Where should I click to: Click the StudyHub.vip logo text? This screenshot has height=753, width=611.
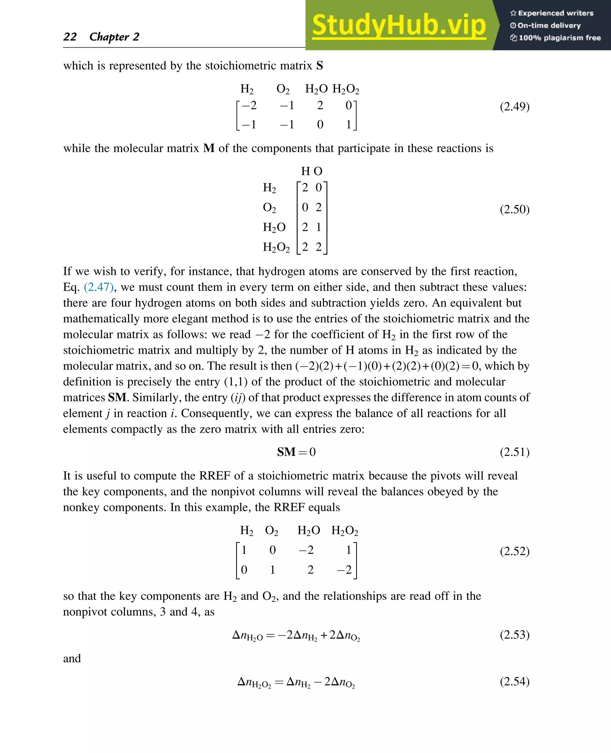point(399,25)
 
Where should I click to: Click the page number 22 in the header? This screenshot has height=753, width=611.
point(70,37)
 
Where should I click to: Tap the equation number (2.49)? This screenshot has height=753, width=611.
point(514,106)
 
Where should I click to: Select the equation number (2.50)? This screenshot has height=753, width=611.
point(514,209)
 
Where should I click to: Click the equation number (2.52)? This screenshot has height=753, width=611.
point(514,551)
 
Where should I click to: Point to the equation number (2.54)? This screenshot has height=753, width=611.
point(514,681)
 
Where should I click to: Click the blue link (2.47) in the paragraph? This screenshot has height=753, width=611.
point(98,287)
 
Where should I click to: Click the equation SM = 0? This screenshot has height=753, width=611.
point(296,452)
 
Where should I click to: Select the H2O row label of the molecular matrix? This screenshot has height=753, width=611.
point(274,227)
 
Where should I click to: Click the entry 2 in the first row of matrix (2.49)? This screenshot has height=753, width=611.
point(320,105)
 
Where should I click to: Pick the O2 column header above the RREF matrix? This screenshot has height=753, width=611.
point(271,530)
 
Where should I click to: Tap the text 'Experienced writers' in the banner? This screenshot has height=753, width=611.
point(556,13)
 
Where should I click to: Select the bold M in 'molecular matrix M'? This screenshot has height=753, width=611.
point(209,148)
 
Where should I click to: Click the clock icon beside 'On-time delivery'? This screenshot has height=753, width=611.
point(513,25)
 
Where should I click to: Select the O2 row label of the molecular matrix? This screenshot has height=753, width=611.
point(269,207)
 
